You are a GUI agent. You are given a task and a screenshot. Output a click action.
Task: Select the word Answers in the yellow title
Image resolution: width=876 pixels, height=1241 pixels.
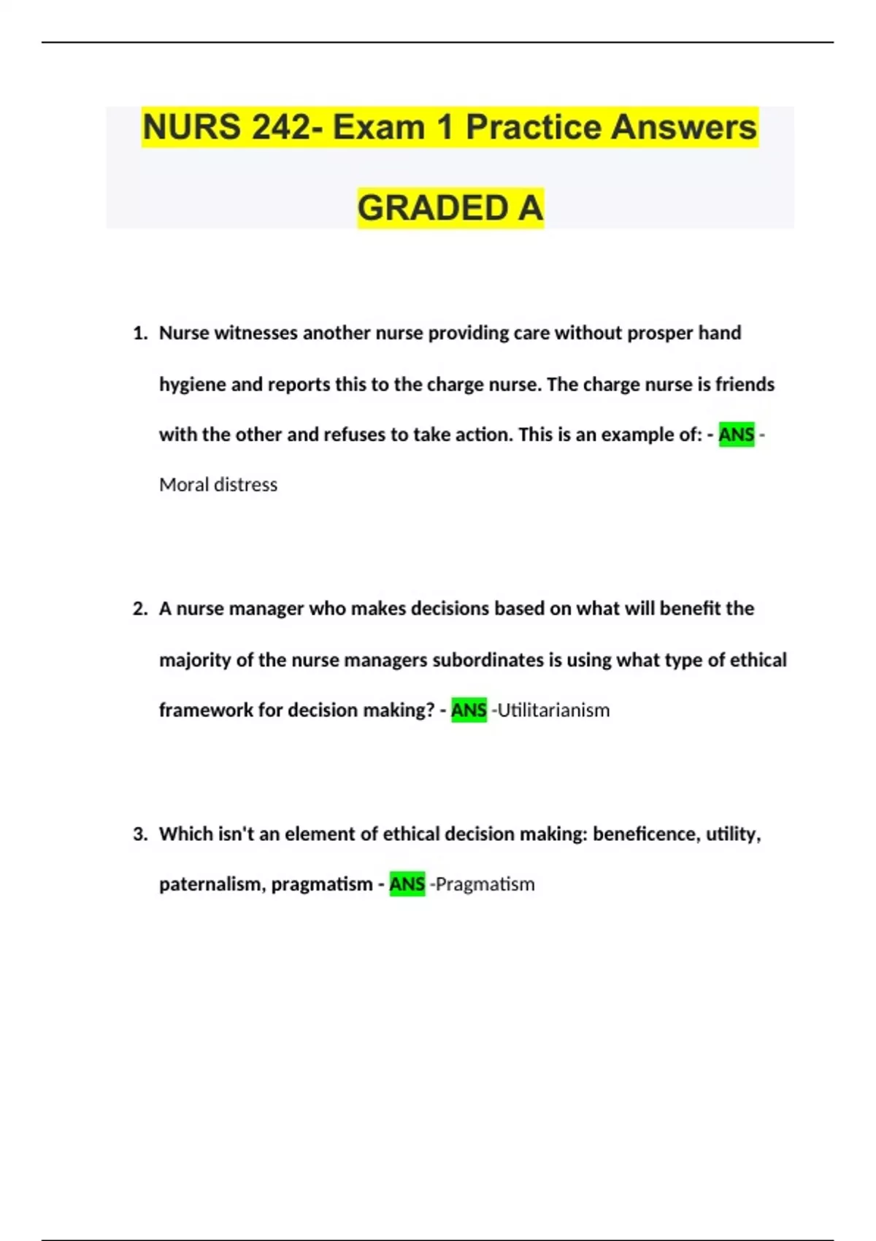(x=683, y=127)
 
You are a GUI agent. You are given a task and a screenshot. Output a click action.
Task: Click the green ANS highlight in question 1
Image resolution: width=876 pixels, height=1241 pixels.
(x=736, y=435)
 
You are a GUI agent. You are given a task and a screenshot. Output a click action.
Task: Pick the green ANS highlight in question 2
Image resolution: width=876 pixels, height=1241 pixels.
(x=469, y=710)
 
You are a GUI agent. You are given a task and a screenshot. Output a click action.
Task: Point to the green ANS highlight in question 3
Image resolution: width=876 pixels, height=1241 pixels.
(x=407, y=884)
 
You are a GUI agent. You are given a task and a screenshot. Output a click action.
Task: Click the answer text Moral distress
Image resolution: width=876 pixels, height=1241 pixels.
(x=218, y=485)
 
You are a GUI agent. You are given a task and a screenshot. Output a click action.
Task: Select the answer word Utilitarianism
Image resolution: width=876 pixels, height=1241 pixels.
(x=553, y=710)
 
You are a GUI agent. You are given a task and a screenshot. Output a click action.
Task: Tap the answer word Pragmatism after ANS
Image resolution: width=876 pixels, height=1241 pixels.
(x=485, y=884)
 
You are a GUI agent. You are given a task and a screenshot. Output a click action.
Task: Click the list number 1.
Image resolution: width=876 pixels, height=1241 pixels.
(x=139, y=334)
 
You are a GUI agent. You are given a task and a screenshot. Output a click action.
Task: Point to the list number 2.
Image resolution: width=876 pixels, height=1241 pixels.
(x=139, y=609)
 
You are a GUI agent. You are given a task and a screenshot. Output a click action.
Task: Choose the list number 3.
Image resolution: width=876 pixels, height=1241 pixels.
(x=139, y=834)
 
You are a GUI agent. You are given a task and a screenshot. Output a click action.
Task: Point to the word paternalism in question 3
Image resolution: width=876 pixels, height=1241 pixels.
(x=212, y=884)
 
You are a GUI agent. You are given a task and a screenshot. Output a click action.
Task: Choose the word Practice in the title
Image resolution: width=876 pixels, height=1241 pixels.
(x=533, y=127)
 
